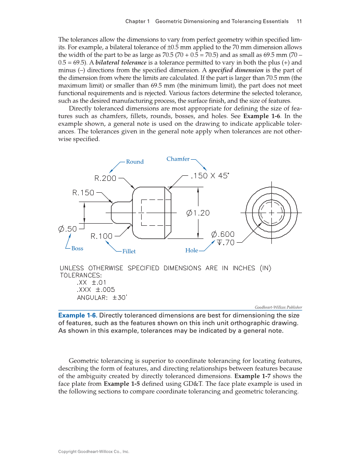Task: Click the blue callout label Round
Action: (x=135, y=162)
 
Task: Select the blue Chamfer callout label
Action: (x=178, y=159)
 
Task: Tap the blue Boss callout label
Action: (x=77, y=249)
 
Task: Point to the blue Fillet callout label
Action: (x=129, y=252)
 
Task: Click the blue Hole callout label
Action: (x=192, y=251)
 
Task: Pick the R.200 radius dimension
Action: (x=105, y=178)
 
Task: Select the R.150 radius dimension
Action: (x=83, y=193)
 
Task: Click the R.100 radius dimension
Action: (x=102, y=236)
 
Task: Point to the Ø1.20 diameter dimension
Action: (x=198, y=213)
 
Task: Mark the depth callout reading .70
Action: (x=226, y=243)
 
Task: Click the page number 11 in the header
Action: (x=299, y=21)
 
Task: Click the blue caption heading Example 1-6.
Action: (x=78, y=316)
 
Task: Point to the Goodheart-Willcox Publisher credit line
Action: (x=278, y=307)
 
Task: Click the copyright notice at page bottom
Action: (x=93, y=452)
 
